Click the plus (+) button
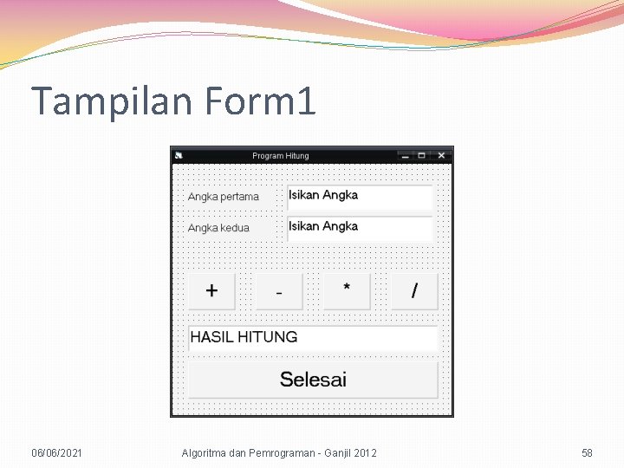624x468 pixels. click(211, 291)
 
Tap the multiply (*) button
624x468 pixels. click(347, 291)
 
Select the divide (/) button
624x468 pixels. click(414, 291)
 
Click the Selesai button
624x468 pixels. click(313, 380)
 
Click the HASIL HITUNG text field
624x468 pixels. click(313, 338)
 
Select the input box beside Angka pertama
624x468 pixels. click(360, 197)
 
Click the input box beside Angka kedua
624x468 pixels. click(360, 228)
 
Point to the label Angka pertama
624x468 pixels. click(224, 197)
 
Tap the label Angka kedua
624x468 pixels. click(218, 228)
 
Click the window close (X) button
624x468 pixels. click(441, 156)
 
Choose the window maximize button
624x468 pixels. click(422, 156)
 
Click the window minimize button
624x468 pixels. click(404, 156)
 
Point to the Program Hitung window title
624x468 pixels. click(280, 156)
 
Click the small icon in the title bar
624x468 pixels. click(179, 156)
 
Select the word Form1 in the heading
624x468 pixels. click(261, 101)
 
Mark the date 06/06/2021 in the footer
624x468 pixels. click(57, 453)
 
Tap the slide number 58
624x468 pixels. click(587, 453)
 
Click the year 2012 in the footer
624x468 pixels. click(365, 453)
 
